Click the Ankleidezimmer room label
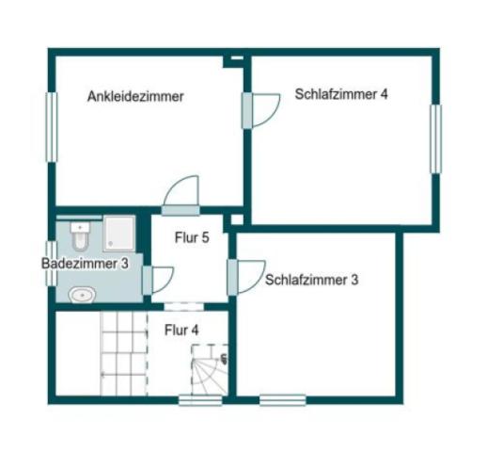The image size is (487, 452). [x=134, y=96]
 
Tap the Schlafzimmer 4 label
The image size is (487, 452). [x=341, y=94]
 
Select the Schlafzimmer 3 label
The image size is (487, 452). [x=312, y=280]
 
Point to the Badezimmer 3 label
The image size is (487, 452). [x=85, y=265]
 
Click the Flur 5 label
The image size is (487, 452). [x=192, y=238]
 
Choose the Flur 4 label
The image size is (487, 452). [x=181, y=330]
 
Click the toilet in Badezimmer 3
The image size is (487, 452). [x=81, y=229]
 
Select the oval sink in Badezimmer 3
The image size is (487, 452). [x=83, y=295]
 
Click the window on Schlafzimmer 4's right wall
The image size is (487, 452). [x=435, y=138]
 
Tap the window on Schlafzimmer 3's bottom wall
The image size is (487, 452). [x=282, y=400]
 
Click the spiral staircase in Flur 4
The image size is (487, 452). [x=210, y=370]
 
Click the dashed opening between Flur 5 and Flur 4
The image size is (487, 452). [x=184, y=304]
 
